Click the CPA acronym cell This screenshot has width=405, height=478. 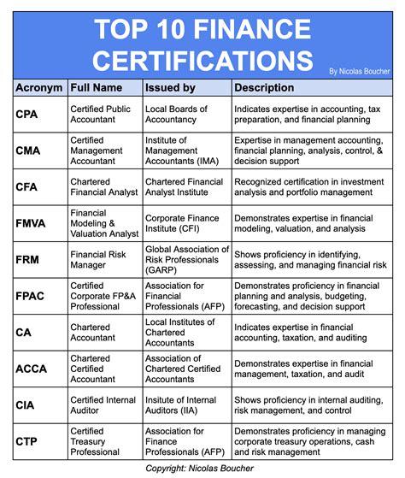point(25,114)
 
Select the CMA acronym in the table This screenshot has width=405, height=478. point(26,150)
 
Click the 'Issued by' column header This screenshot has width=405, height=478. point(170,86)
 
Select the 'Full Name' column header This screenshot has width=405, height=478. point(97,86)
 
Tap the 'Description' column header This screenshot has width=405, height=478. point(265,86)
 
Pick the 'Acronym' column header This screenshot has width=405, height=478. point(39,86)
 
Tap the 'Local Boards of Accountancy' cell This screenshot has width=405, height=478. point(176,114)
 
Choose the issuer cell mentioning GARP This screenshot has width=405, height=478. point(186,259)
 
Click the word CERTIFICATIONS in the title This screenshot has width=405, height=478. point(202,61)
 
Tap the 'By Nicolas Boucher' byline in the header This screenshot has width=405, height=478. point(361,71)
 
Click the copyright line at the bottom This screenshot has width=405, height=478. point(202,469)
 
